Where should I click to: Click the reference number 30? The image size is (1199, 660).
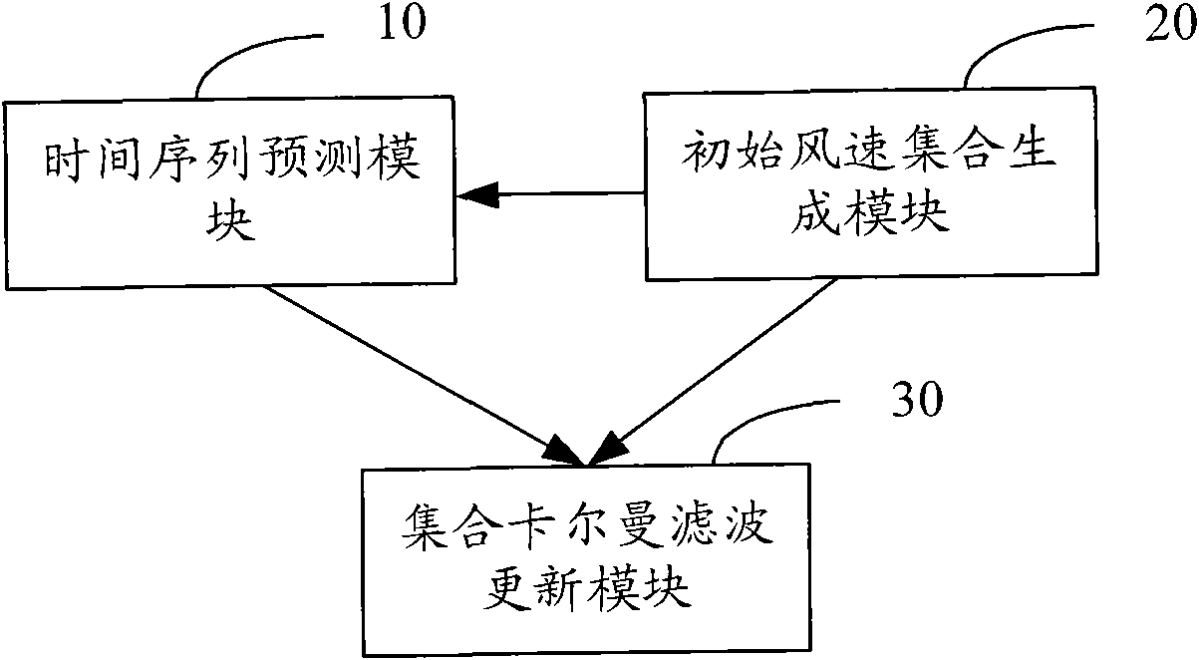tap(918, 399)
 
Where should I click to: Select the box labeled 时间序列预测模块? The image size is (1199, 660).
tap(230, 192)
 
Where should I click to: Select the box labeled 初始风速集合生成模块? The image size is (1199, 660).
tap(870, 183)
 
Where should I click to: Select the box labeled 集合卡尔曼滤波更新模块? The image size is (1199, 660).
tap(586, 560)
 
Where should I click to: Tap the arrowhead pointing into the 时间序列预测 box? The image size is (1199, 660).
tap(477, 194)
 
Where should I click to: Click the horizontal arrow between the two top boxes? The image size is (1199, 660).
tap(550, 193)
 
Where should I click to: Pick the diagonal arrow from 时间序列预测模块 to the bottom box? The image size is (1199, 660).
tap(425, 376)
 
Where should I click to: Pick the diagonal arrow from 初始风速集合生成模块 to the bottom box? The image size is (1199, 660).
tap(712, 372)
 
